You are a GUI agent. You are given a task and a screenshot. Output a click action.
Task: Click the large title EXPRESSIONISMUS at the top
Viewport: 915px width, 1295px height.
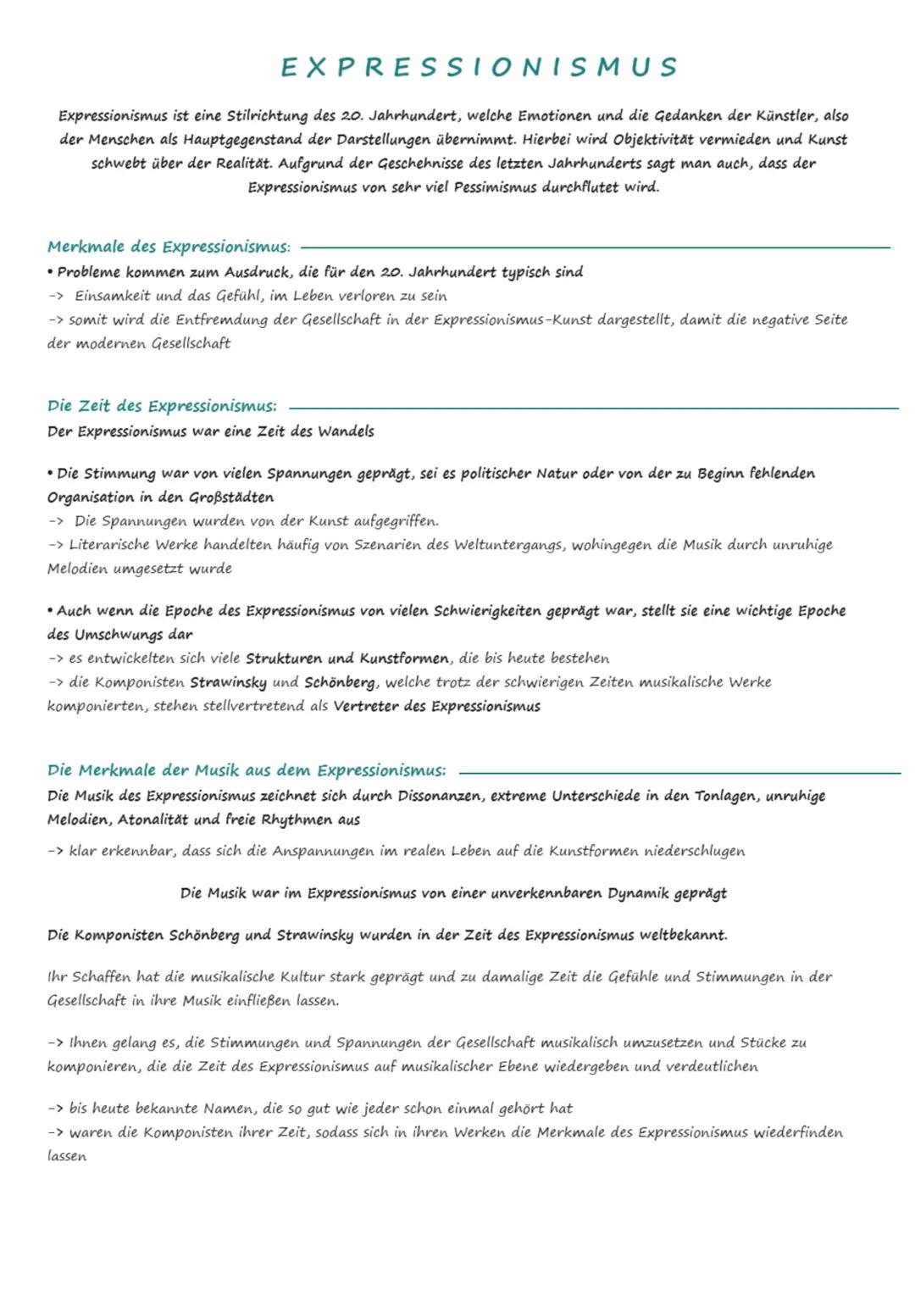coord(480,67)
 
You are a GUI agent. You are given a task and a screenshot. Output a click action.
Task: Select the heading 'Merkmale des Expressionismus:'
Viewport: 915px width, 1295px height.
coord(169,247)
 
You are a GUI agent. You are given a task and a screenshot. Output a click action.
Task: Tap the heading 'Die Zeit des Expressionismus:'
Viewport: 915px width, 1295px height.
coord(162,406)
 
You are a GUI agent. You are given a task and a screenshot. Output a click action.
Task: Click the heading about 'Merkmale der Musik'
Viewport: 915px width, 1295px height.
coord(247,770)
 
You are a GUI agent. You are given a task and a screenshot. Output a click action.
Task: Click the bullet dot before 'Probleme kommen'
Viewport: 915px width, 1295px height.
coord(51,272)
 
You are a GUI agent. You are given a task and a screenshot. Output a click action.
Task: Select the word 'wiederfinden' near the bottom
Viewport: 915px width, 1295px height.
coord(798,1132)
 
